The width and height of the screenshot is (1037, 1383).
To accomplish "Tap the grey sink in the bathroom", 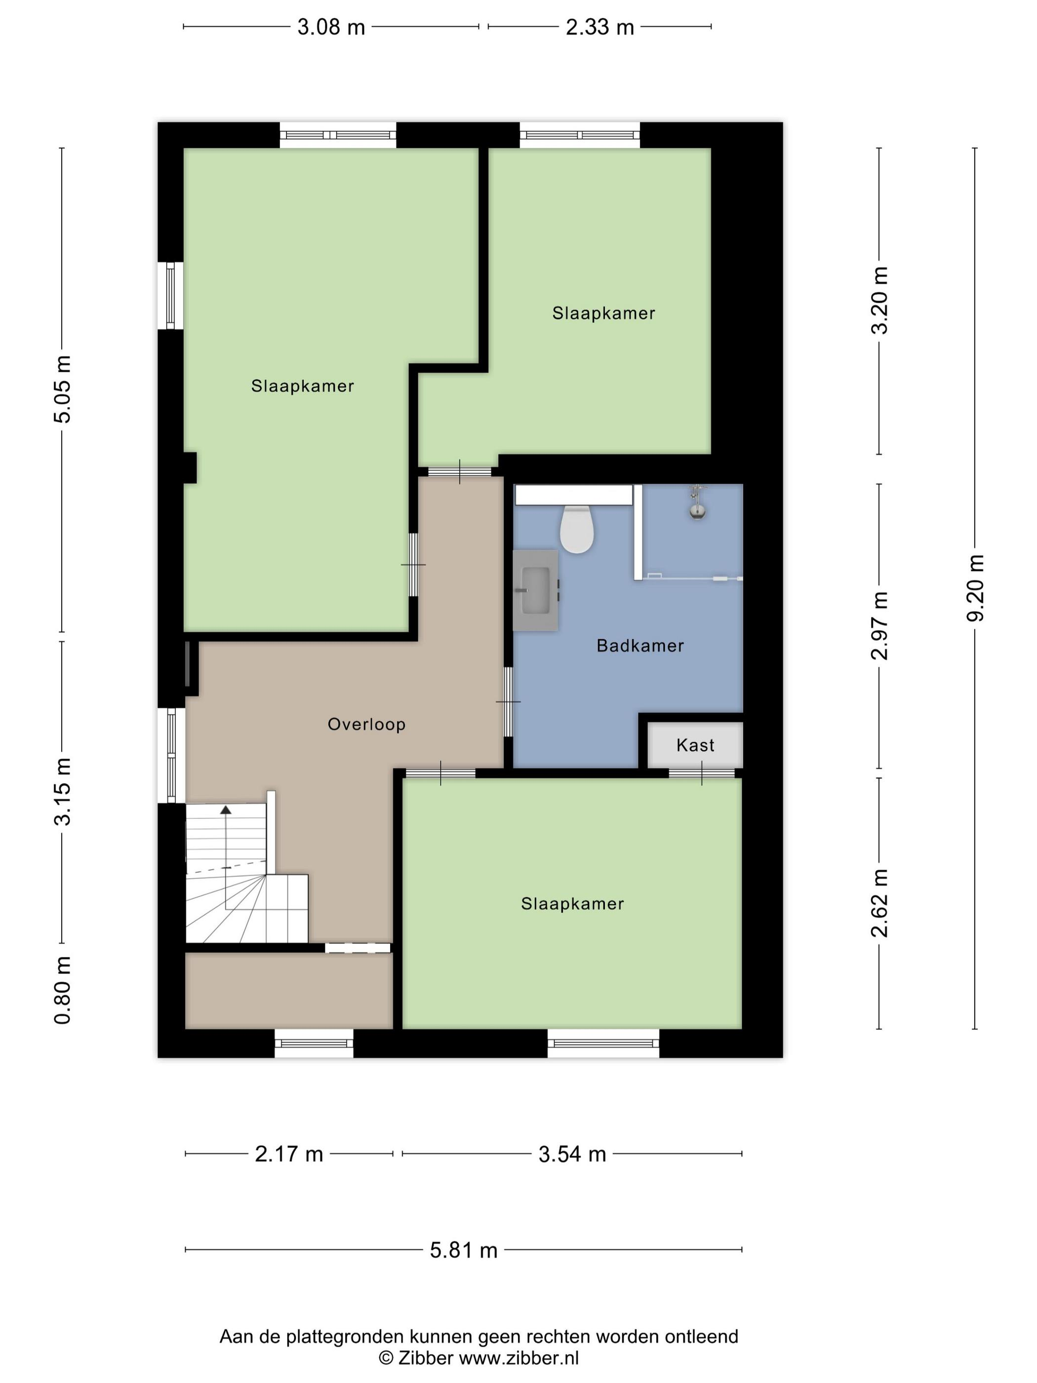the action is pyautogui.click(x=535, y=590).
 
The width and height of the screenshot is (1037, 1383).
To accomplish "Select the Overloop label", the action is pyautogui.click(x=366, y=724).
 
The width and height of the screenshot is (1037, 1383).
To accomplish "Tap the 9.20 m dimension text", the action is pyautogui.click(x=974, y=588).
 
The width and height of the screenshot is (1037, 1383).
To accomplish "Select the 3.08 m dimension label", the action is pyautogui.click(x=331, y=27).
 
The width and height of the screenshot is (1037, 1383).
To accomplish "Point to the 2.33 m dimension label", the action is pyautogui.click(x=599, y=27).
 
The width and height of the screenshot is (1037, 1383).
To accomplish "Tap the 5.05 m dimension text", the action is pyautogui.click(x=63, y=389).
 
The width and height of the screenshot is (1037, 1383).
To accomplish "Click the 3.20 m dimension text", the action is pyautogui.click(x=879, y=300).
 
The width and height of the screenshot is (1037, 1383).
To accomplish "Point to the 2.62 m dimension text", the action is pyautogui.click(x=879, y=903).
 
